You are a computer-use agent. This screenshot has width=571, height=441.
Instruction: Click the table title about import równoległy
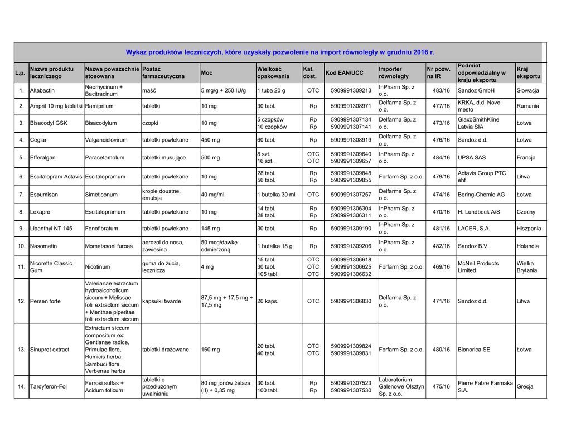[279, 52]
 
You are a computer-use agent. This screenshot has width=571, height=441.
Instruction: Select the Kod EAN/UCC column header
[344, 73]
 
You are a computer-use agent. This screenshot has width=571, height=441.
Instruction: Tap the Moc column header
[207, 73]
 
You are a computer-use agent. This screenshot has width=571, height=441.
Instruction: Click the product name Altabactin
[42, 90]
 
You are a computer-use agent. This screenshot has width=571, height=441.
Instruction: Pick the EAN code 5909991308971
[351, 106]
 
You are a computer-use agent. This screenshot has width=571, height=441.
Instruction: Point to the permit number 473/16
[441, 123]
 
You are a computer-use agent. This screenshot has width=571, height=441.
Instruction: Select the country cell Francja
[526, 158]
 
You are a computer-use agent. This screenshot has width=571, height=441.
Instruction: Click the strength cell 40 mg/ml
[212, 195]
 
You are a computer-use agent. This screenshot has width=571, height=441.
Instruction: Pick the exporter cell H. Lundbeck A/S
[479, 212]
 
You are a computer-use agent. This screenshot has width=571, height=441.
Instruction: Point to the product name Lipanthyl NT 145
[51, 229]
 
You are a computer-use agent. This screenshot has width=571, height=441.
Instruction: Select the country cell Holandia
[528, 246]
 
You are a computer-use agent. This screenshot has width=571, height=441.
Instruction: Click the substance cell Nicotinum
[98, 267]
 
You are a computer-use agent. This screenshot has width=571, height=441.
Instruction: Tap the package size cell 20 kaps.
[268, 301]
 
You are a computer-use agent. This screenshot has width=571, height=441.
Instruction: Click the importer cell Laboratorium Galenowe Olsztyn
[401, 386]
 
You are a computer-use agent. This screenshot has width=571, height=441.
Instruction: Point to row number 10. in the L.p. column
[21, 246]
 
